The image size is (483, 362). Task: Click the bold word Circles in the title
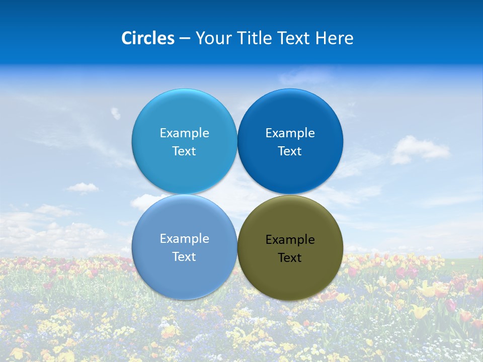pos(147,38)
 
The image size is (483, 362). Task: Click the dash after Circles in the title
pos(185,39)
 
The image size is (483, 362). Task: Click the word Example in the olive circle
pos(290,240)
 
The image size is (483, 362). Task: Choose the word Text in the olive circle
pos(290,258)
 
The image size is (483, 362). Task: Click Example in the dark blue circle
pos(290,133)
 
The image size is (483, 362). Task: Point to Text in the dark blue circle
pos(290,151)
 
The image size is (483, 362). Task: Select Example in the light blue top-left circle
pos(185,133)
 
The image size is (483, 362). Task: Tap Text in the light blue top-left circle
pos(184,151)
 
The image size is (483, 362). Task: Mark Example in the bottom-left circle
pos(185,239)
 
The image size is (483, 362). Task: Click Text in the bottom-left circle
pos(184,257)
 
